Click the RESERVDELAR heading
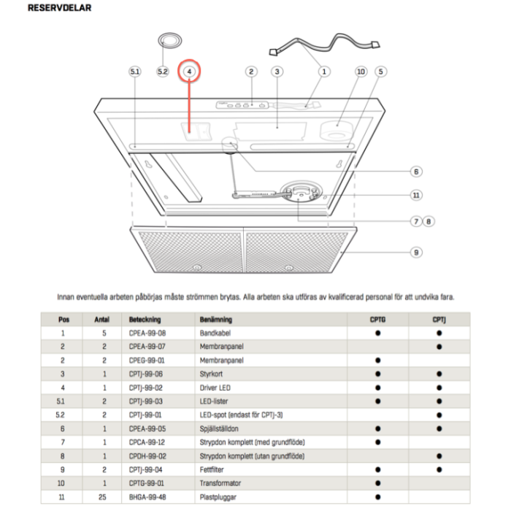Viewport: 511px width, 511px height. tap(60, 9)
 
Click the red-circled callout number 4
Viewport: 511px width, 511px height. tap(189, 72)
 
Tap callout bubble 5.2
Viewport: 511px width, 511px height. tap(163, 72)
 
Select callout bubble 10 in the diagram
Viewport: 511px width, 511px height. tap(360, 72)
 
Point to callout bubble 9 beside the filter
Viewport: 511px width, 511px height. tap(415, 252)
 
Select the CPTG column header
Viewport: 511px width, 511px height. tap(378, 320)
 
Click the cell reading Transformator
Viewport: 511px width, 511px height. tap(220, 483)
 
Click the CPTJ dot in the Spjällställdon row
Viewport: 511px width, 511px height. tap(439, 429)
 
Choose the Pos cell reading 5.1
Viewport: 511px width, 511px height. tap(64, 401)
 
